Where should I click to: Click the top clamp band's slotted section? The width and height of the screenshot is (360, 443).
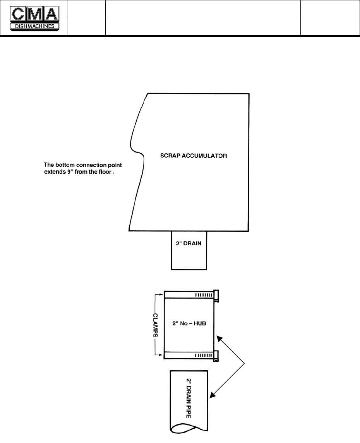[x=203, y=295]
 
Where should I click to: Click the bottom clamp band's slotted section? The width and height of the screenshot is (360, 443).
[x=203, y=355]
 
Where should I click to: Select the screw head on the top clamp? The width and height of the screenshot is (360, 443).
[x=217, y=296]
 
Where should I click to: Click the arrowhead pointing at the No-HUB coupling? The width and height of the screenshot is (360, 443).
[x=219, y=339]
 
